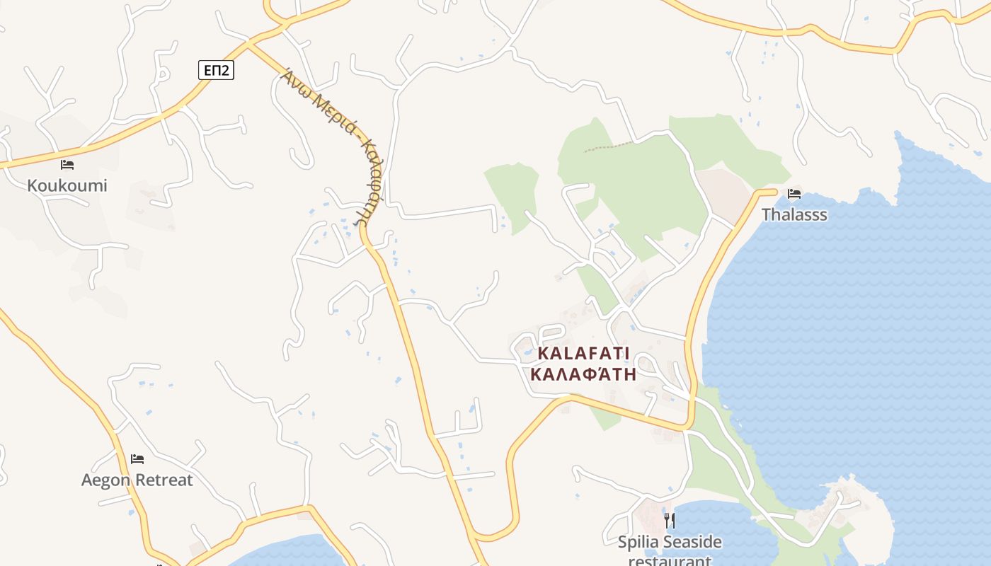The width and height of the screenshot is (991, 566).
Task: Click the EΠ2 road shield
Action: (x=215, y=69)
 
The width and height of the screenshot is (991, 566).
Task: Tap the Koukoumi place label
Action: (x=67, y=185)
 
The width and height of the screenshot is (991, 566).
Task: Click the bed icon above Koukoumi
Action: (x=67, y=165)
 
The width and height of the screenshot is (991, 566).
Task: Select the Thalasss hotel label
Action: (x=794, y=214)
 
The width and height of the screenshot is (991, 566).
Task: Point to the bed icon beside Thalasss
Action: (x=794, y=193)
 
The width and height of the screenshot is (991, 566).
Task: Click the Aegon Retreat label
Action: (x=137, y=480)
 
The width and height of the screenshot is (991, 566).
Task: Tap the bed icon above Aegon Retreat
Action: (x=137, y=459)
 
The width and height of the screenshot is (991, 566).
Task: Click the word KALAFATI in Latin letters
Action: (x=583, y=353)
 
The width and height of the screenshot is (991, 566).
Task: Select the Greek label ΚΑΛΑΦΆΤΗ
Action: (x=583, y=374)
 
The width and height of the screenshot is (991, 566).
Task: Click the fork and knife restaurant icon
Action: (x=670, y=521)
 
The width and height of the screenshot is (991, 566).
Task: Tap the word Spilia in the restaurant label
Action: (x=638, y=543)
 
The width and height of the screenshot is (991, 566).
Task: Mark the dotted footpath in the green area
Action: (x=608, y=146)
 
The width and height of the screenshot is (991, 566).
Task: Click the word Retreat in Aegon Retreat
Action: (x=164, y=480)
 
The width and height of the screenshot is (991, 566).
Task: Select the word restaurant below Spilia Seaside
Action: (x=670, y=561)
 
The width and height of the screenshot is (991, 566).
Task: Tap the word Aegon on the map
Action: (x=106, y=480)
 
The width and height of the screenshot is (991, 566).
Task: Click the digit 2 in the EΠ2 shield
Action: (x=226, y=69)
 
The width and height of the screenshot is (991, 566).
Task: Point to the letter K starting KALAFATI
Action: (x=544, y=353)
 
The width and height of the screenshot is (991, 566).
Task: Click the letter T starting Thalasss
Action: (x=767, y=214)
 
